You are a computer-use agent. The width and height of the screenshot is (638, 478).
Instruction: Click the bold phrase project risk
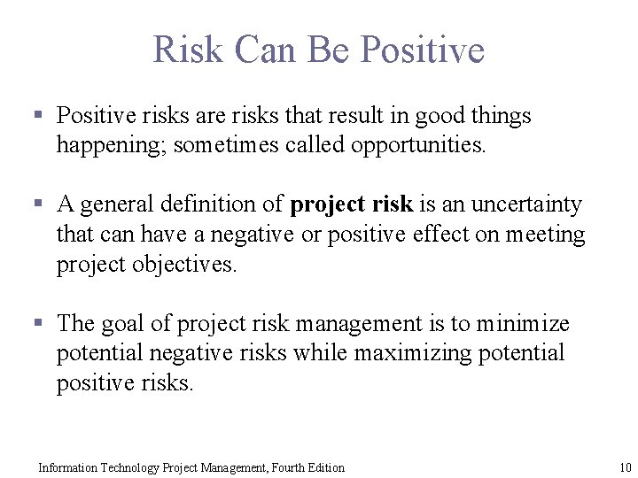click(x=351, y=204)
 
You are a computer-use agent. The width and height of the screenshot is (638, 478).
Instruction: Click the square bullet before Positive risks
click(x=38, y=114)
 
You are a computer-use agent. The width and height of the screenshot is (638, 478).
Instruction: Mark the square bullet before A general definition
click(x=38, y=204)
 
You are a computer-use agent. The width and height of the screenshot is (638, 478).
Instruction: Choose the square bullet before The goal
click(x=38, y=323)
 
